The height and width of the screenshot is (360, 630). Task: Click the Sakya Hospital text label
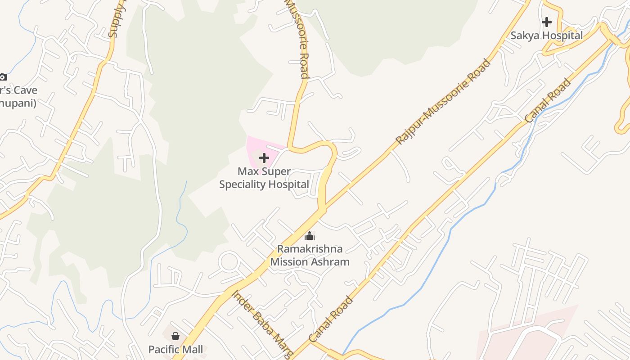coord(546,36)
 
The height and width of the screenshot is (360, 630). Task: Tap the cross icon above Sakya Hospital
coord(547,22)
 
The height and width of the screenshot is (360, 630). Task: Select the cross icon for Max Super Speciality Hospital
coord(264,158)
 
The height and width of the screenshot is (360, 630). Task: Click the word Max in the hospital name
coord(248,171)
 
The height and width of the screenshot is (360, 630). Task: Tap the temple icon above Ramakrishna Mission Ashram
coord(310,236)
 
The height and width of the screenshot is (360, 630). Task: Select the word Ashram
coord(331,262)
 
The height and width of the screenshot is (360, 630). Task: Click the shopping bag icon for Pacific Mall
coord(175,336)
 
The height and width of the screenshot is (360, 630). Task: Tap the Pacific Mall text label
coord(175,349)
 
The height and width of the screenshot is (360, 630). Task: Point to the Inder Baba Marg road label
coord(263,324)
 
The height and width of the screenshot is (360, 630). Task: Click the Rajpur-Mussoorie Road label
coord(443,102)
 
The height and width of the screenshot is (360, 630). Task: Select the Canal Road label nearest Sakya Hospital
coord(548,101)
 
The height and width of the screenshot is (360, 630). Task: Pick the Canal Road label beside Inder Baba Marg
coord(331,319)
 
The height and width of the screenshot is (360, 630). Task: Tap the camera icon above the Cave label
coord(3,77)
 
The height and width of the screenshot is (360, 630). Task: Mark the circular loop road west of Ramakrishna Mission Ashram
coord(229,261)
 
